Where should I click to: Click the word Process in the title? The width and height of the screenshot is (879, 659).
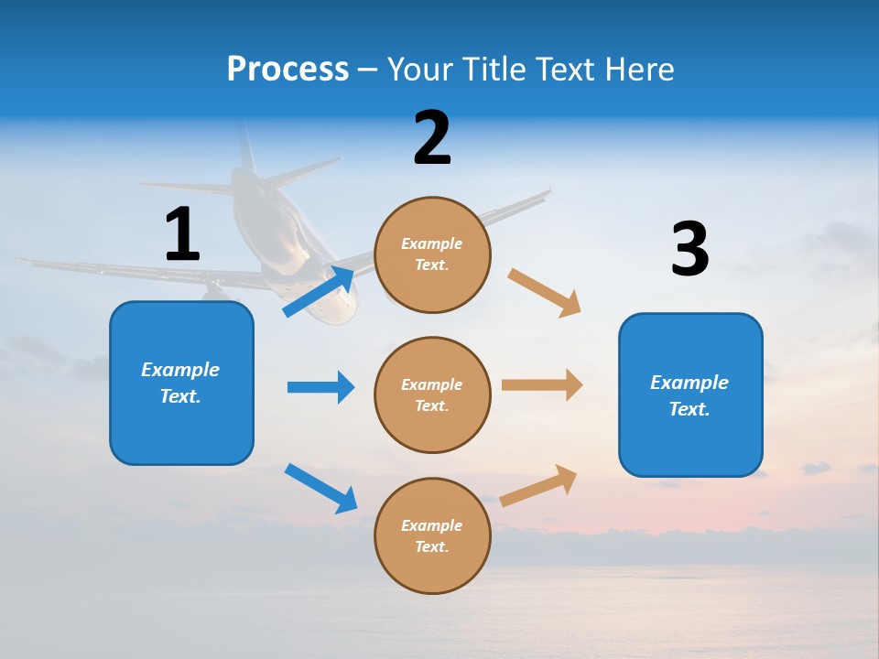(x=288, y=70)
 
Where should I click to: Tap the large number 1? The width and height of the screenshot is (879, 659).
(x=182, y=234)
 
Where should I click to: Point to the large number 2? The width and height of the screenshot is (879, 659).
(x=432, y=138)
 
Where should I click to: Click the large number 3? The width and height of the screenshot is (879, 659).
(x=689, y=249)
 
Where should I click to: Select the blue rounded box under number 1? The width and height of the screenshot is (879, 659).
(x=181, y=383)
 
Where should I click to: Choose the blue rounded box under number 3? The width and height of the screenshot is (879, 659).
(x=690, y=394)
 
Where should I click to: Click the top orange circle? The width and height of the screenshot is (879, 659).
(x=432, y=254)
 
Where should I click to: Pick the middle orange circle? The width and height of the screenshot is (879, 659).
(x=432, y=394)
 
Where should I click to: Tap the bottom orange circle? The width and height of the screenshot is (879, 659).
(x=432, y=535)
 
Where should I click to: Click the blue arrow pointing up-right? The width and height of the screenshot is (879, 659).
(x=319, y=292)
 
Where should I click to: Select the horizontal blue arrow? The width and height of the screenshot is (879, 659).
(x=320, y=387)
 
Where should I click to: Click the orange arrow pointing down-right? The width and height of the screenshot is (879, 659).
(x=544, y=293)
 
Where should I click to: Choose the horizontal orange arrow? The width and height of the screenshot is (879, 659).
(x=541, y=384)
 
